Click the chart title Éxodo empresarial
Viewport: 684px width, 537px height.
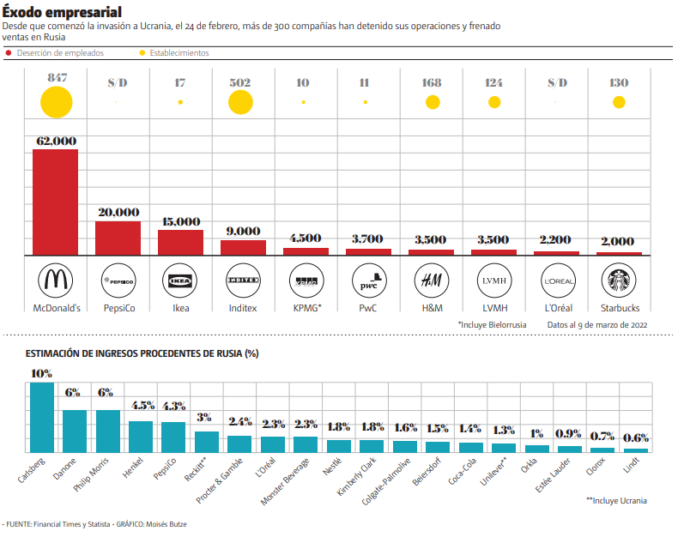(x=61, y=11)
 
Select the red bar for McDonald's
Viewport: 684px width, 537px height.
(x=56, y=202)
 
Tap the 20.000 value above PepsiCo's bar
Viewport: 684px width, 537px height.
(x=118, y=213)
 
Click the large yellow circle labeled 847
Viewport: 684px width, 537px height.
(x=56, y=102)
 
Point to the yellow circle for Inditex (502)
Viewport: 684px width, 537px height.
(x=241, y=102)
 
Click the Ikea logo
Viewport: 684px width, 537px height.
(x=180, y=280)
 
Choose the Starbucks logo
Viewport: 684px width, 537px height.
(x=619, y=280)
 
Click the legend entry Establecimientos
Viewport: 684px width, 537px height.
(x=179, y=53)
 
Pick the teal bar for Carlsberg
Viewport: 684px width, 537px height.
(x=42, y=417)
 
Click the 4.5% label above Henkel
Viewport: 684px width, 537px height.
(x=141, y=406)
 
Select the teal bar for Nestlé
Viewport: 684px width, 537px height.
(x=339, y=445)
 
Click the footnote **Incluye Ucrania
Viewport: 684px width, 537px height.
(x=616, y=500)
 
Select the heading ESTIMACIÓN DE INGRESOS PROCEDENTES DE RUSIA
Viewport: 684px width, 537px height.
(x=142, y=353)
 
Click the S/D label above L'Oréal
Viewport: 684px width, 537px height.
(x=557, y=82)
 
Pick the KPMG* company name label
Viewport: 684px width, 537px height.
(x=306, y=307)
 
